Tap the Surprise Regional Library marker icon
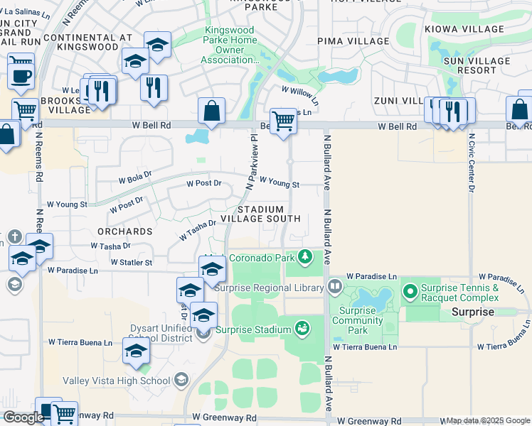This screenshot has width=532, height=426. (x=336, y=288)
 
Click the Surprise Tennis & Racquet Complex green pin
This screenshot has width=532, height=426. (x=410, y=292)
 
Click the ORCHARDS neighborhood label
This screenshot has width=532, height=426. (x=125, y=231)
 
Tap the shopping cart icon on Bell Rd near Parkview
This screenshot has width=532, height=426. (x=283, y=121)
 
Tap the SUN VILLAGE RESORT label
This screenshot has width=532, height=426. (x=469, y=65)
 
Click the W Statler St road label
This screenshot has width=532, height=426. (x=129, y=263)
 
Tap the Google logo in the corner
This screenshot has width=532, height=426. (x=23, y=417)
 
